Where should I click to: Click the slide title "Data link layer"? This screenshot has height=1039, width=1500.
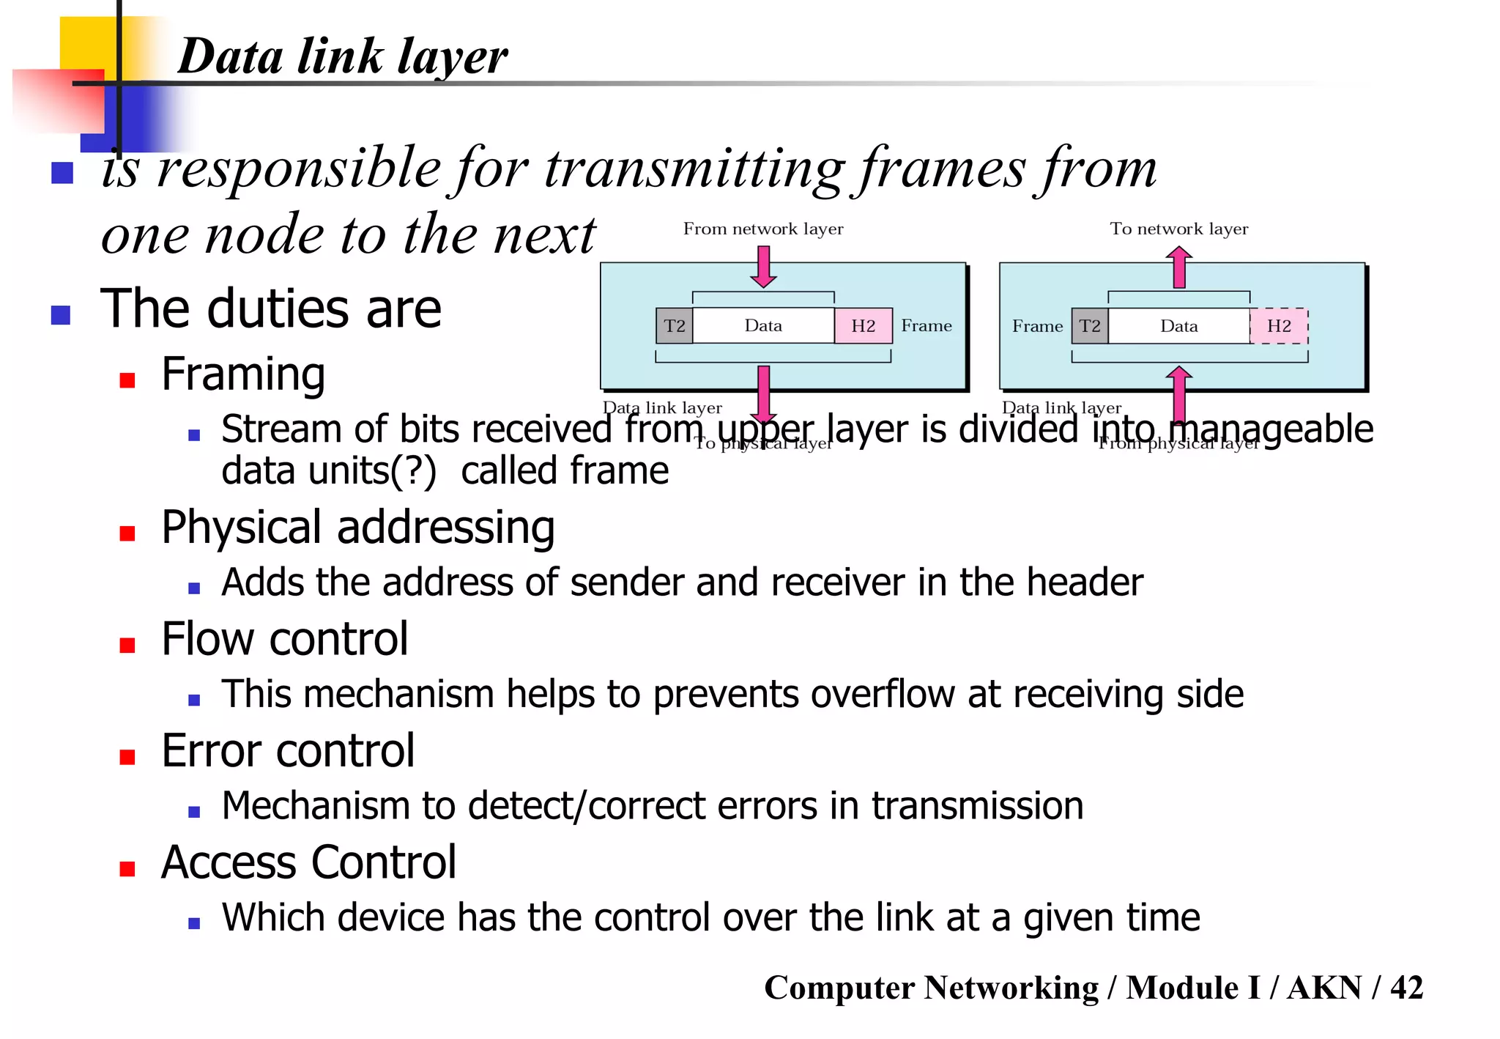click(342, 56)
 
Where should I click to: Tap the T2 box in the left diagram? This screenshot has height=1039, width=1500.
click(674, 326)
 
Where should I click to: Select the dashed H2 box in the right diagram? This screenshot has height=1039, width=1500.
click(1279, 326)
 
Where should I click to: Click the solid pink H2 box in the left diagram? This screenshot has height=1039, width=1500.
click(863, 326)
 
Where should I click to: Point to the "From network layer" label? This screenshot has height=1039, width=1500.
click(762, 229)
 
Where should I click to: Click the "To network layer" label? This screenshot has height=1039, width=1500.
click(1178, 229)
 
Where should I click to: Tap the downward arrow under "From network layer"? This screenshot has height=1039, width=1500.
click(763, 267)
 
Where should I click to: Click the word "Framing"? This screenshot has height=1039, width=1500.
click(243, 374)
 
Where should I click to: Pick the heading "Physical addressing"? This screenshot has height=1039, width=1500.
click(357, 527)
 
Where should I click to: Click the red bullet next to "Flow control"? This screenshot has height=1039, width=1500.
click(127, 645)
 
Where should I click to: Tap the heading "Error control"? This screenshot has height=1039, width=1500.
click(288, 751)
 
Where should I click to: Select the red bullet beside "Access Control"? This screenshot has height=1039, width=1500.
click(127, 869)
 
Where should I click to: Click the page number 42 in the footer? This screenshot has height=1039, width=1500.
click(1406, 988)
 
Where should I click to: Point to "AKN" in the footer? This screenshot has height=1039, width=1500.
click(1324, 988)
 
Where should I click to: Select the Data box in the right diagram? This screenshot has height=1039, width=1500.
click(1178, 326)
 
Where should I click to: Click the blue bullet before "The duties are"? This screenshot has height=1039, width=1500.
click(61, 315)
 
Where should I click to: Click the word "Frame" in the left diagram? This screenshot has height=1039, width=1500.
click(926, 326)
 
